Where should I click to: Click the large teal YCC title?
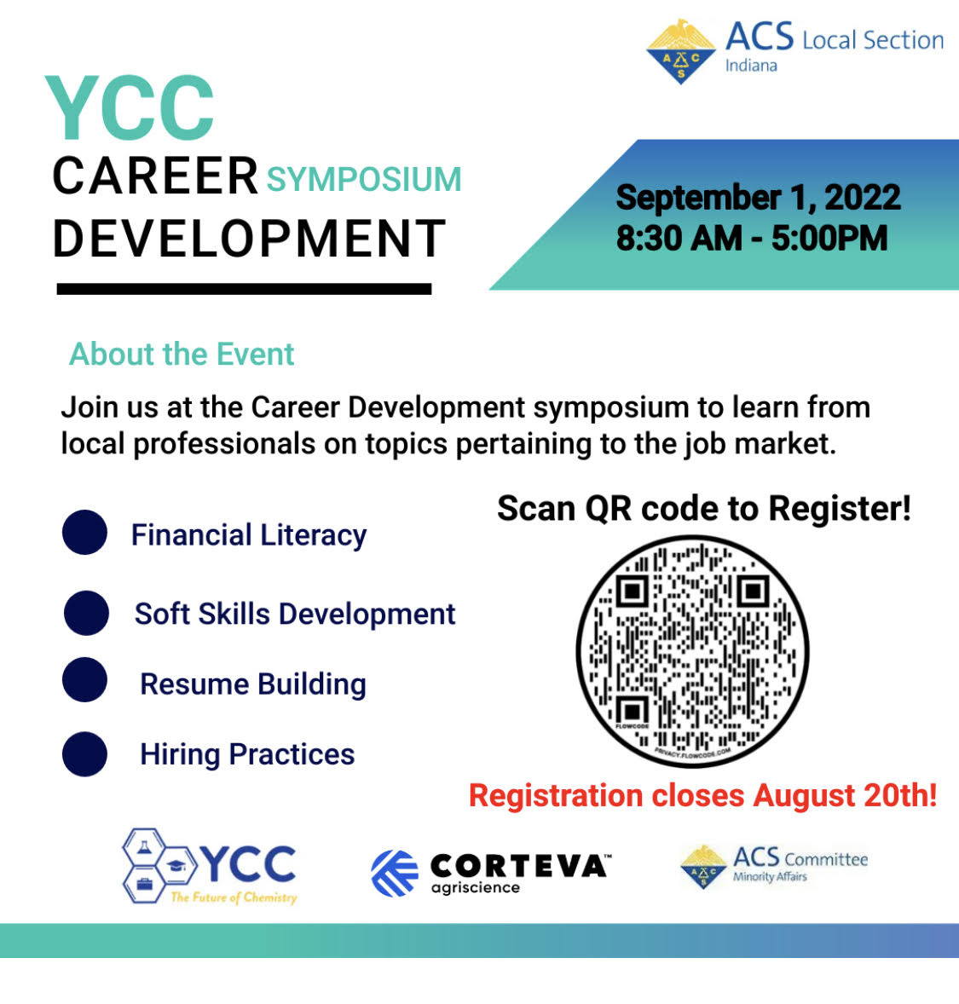point(130,107)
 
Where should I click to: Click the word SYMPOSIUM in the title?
point(364,179)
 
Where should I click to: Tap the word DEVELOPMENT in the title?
point(249,239)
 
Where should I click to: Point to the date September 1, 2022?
point(758,197)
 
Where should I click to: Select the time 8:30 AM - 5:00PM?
point(752,238)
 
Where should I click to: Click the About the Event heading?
point(182,354)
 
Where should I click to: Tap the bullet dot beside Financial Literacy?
point(84,532)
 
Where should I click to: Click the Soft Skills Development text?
point(295,614)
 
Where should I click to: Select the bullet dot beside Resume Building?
point(84,680)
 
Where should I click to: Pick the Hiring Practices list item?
point(247,754)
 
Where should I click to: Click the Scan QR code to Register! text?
point(704,509)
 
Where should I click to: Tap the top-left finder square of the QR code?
point(633,591)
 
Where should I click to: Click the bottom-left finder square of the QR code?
point(633,712)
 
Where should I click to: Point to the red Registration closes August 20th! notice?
point(702,796)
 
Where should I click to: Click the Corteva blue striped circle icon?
point(395,874)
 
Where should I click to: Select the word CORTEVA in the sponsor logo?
point(519,866)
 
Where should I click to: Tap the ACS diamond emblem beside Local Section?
point(680,52)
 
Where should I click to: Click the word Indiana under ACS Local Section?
point(751,66)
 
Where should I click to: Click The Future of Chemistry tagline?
point(234,897)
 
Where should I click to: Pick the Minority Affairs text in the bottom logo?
point(770,876)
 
